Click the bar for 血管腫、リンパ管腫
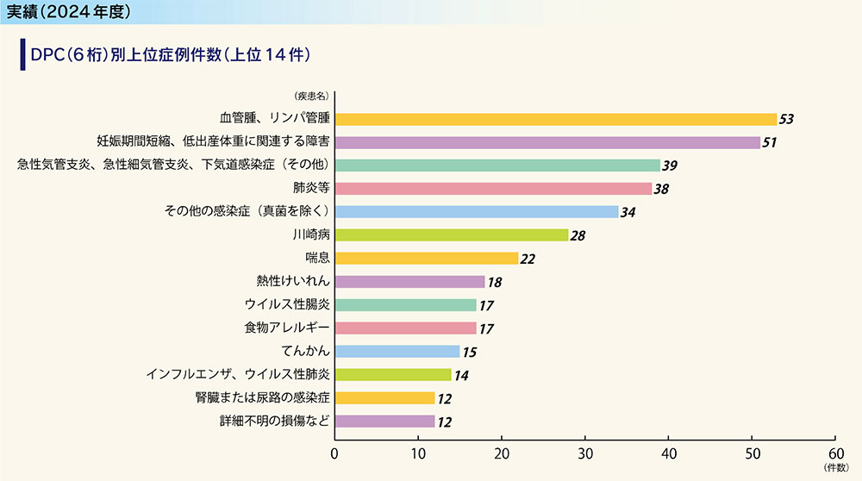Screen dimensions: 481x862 click(x=555, y=119)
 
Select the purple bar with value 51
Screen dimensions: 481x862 click(x=547, y=142)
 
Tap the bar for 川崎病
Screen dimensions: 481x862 click(x=451, y=234)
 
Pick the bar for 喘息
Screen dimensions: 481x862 click(x=426, y=258)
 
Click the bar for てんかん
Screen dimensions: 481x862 click(x=397, y=351)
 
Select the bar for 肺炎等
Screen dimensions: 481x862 click(x=493, y=188)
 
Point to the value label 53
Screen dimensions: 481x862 click(x=785, y=119)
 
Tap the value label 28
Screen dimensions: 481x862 click(x=577, y=235)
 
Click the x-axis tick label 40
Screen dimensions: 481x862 click(x=668, y=453)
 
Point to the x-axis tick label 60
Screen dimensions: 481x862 click(x=835, y=453)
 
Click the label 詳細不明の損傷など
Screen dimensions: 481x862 click(x=274, y=421)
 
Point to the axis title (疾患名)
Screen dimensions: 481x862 click(x=309, y=96)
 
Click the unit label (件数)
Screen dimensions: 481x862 click(x=835, y=468)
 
